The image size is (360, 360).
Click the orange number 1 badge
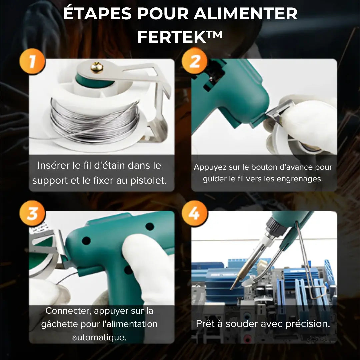(32, 62)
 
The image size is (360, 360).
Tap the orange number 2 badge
(195, 61)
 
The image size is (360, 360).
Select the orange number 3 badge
(32, 214)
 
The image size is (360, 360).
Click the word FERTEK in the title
(172, 37)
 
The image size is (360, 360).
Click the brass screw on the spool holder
(97, 68)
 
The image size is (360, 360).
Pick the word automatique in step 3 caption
(99, 337)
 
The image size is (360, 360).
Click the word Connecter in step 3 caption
(68, 311)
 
